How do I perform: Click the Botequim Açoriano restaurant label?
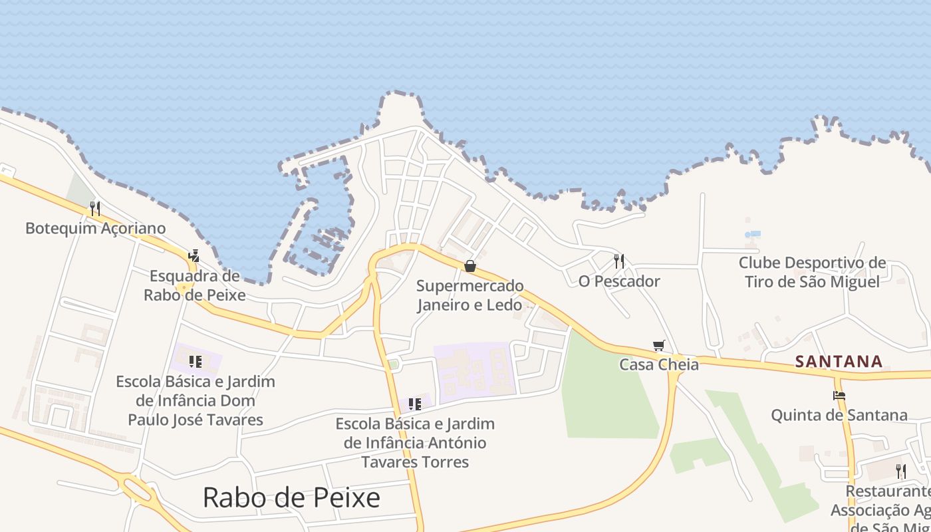(x=95, y=228)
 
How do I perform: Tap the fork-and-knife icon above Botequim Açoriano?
(x=95, y=209)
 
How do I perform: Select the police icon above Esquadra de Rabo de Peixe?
(x=194, y=256)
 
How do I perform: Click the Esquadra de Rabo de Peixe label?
(x=194, y=285)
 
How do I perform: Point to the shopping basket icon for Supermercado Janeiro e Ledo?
(x=470, y=267)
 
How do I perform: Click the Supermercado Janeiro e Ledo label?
(x=470, y=295)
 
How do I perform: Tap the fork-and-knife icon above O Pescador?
(x=619, y=261)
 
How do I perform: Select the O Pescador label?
(x=619, y=281)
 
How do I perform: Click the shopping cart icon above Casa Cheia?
(x=659, y=345)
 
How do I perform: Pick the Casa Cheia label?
(x=659, y=364)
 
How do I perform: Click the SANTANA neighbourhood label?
(x=839, y=362)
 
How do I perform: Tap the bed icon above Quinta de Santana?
(x=839, y=396)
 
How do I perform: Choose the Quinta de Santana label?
(x=839, y=416)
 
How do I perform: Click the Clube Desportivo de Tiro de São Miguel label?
(x=812, y=272)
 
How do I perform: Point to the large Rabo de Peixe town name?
(x=291, y=497)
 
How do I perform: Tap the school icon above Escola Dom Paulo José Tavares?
(x=195, y=362)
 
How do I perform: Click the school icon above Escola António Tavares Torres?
(x=415, y=404)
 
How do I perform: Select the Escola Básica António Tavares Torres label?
(x=415, y=443)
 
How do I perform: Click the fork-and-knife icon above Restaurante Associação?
(x=900, y=471)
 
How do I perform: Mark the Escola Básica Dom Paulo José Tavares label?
(x=195, y=400)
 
